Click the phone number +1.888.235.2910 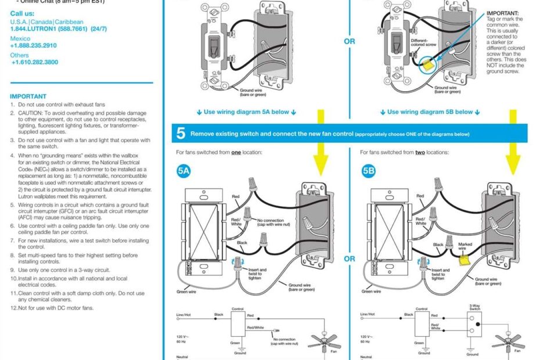(x=33, y=45)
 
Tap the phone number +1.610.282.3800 (x=34, y=62)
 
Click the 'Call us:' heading (x=21, y=13)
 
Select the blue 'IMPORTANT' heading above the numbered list (x=28, y=96)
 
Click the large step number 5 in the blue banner (x=181, y=134)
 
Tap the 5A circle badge (x=184, y=171)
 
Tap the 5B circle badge (x=369, y=171)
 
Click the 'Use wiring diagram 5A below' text (x=246, y=112)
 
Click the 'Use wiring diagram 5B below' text (x=430, y=112)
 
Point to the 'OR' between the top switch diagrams (x=350, y=42)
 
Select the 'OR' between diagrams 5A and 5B (x=350, y=259)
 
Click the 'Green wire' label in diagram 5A (x=186, y=292)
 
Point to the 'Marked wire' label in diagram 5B (x=465, y=247)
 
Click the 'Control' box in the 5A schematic (x=237, y=325)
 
